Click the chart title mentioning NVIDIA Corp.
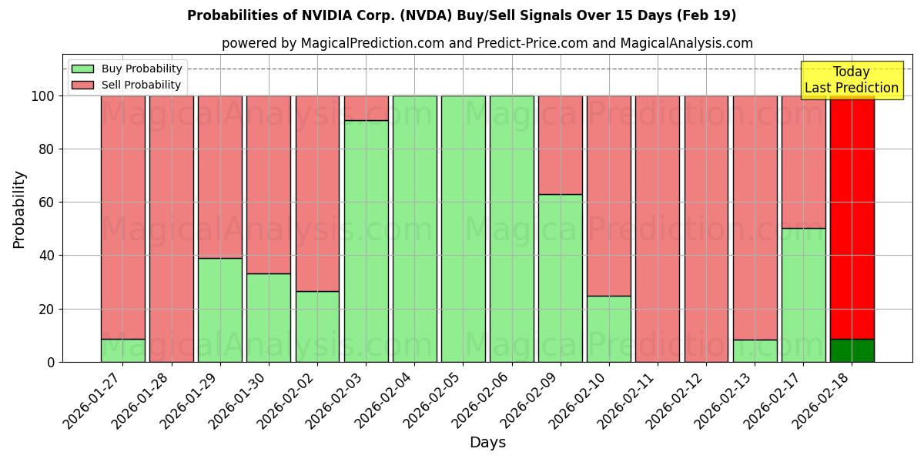461,15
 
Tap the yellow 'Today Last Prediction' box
851,80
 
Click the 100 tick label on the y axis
42,96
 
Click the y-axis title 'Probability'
19,209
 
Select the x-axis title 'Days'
487,443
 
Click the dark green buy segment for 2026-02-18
852,350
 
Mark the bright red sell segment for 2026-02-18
852,216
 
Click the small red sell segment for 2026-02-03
366,108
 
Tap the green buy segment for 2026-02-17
803,295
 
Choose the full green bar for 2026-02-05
463,229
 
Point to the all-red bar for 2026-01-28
171,229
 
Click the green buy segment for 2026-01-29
219,310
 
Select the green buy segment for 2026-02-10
608,329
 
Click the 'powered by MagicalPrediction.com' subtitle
487,43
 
